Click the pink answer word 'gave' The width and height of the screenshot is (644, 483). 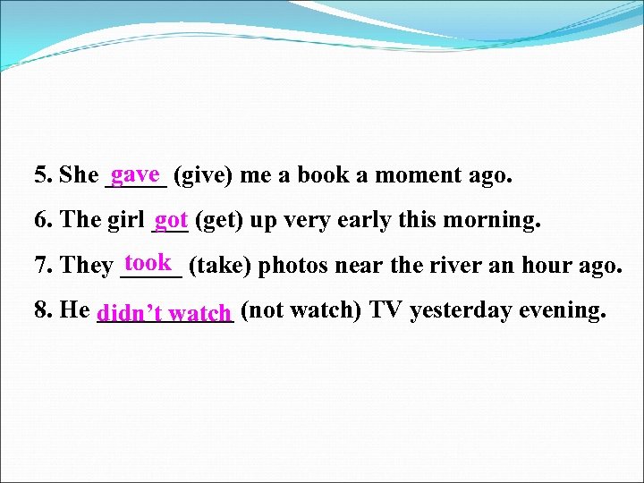(x=136, y=173)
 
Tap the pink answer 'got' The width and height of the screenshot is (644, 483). (x=170, y=218)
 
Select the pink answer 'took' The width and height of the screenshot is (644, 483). (x=148, y=262)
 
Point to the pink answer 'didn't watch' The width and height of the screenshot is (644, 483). (x=165, y=313)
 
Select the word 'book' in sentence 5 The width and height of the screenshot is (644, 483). (x=324, y=175)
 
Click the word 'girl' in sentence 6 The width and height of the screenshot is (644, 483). (x=126, y=220)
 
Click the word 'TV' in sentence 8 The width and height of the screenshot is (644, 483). (x=386, y=310)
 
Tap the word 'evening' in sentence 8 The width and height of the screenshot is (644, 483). (x=563, y=310)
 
